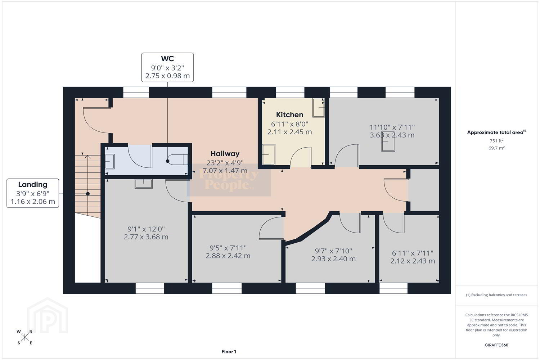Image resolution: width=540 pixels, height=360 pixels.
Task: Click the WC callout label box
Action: [167, 67]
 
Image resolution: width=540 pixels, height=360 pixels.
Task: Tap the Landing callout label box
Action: [33, 193]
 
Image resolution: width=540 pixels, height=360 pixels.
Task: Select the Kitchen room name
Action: [289, 114]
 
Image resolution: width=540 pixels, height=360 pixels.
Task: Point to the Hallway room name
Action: [225, 154]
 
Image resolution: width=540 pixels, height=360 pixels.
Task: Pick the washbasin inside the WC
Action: [110, 161]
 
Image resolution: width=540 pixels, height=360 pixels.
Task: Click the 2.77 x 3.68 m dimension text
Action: [146, 237]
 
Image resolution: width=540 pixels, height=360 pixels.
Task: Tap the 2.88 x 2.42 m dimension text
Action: [228, 256]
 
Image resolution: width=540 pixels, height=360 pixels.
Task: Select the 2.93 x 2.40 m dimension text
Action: [333, 259]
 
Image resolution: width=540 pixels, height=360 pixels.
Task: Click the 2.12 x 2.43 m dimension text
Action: [413, 261]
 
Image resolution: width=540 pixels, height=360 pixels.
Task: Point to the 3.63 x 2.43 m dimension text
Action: [392, 135]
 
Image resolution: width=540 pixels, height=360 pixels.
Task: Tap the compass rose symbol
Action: [24, 337]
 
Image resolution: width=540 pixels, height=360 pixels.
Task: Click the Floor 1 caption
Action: [229, 352]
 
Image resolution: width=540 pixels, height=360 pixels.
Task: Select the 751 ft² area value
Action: [496, 140]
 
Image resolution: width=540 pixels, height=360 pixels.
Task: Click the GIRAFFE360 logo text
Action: [496, 345]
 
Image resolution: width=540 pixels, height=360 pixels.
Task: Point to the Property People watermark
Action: [229, 180]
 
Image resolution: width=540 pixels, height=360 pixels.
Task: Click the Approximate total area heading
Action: [496, 132]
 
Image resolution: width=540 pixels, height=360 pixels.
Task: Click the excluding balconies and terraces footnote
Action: [496, 295]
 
